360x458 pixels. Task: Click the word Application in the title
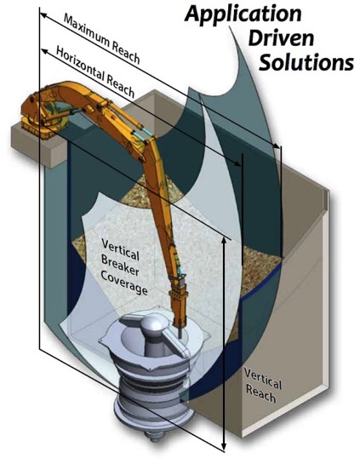click(243, 14)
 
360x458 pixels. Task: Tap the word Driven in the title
click(281, 38)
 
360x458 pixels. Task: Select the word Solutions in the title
click(306, 62)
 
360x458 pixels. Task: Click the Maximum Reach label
click(102, 39)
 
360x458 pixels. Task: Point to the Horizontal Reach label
click(95, 72)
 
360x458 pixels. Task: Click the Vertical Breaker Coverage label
click(123, 266)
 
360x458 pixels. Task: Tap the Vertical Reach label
click(263, 386)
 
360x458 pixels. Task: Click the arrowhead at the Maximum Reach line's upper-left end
click(43, 15)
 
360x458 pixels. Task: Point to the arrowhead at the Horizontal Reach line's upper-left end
click(44, 52)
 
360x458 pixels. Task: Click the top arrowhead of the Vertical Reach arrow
click(224, 240)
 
